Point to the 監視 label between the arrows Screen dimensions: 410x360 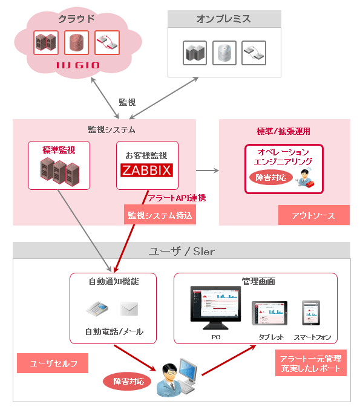pyautogui.click(x=126, y=102)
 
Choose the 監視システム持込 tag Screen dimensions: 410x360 pyautogui.click(x=160, y=215)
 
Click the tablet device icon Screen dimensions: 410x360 pyautogui.click(x=268, y=314)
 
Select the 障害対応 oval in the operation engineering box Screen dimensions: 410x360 pyautogui.click(x=271, y=178)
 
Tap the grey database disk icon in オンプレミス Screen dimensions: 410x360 pyautogui.click(x=223, y=53)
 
